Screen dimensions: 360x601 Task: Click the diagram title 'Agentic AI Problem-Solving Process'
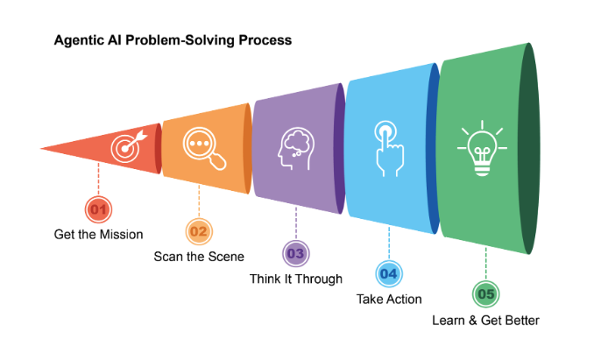click(173, 40)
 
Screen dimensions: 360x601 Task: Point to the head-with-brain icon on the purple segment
click(294, 145)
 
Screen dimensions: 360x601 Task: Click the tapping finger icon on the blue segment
click(385, 143)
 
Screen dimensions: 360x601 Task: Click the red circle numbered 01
click(98, 209)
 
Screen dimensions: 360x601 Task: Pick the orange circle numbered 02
click(199, 232)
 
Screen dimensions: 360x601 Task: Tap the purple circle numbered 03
click(295, 254)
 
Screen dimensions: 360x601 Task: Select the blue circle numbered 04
click(389, 274)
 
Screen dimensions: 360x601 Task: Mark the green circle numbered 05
click(485, 294)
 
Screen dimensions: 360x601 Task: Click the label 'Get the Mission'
click(98, 234)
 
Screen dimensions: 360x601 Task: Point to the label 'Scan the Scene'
click(199, 257)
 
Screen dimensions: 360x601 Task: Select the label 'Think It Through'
click(296, 279)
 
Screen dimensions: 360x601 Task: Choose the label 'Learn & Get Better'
click(485, 320)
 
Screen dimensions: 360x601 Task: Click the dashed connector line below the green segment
click(485, 263)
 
